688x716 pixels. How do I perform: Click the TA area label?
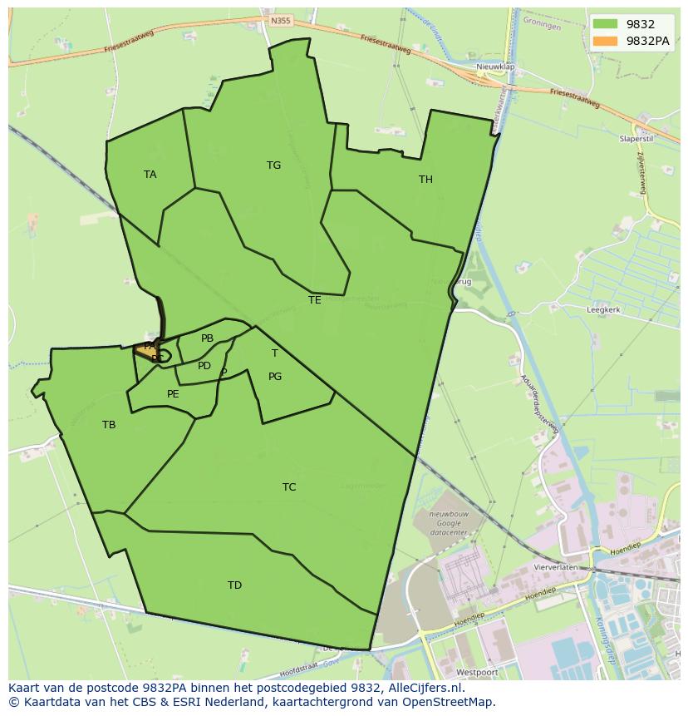150,175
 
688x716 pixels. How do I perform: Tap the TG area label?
273,165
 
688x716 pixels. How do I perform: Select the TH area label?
425,180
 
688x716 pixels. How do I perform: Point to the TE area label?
314,300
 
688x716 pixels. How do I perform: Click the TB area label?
109,425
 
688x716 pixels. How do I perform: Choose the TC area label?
289,487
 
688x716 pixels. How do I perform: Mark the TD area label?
235,585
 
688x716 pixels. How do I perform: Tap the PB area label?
207,338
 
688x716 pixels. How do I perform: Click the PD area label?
204,366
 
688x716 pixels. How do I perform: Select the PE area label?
173,394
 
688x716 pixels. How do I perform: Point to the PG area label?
275,377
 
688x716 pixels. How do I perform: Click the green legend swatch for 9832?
605,24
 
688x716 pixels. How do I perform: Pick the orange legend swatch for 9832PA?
605,41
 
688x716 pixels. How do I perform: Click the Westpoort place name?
476,669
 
